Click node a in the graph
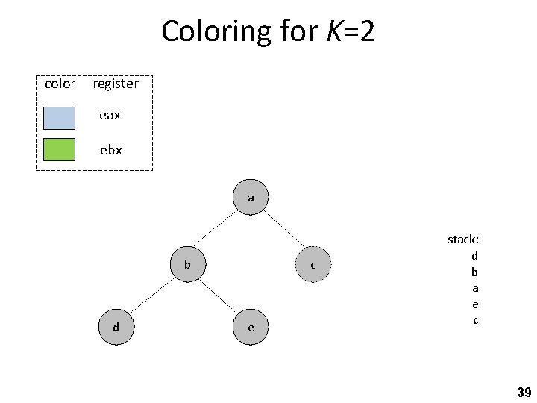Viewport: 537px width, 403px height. click(x=251, y=198)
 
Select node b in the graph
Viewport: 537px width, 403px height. click(x=188, y=264)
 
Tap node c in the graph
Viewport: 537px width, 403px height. click(x=313, y=265)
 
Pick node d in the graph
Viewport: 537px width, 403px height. click(x=116, y=327)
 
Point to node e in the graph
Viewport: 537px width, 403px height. click(x=251, y=327)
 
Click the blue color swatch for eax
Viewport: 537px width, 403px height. click(x=59, y=117)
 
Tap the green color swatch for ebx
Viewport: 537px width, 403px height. click(x=59, y=150)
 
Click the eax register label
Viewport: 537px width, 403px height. click(x=110, y=116)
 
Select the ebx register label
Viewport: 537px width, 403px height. click(x=111, y=150)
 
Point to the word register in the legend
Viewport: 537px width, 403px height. click(x=116, y=84)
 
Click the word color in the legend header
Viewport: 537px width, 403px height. click(x=60, y=84)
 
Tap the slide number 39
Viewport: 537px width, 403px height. click(x=524, y=392)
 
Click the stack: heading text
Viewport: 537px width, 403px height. click(x=463, y=240)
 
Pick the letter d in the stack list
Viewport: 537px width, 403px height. click(x=474, y=255)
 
